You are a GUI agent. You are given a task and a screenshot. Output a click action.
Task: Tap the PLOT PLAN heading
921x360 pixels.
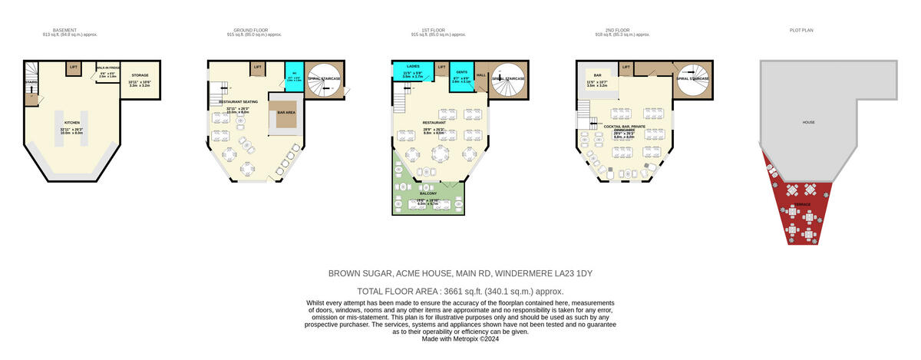point(801,31)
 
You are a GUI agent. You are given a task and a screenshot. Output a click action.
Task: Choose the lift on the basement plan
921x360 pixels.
point(73,68)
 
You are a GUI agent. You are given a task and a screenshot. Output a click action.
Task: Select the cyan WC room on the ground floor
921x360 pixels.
point(293,78)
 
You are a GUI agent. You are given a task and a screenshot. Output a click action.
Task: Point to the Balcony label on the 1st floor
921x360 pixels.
point(427,193)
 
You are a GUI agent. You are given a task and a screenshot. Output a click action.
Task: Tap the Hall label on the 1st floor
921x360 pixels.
point(481,75)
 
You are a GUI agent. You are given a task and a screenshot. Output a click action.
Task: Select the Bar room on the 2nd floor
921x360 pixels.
point(596,81)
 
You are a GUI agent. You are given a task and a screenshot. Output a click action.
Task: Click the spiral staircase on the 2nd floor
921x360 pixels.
point(692,78)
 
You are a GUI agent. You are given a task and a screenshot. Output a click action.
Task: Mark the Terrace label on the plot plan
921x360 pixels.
point(802,204)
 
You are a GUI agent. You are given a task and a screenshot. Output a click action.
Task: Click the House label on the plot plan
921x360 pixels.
point(808,122)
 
